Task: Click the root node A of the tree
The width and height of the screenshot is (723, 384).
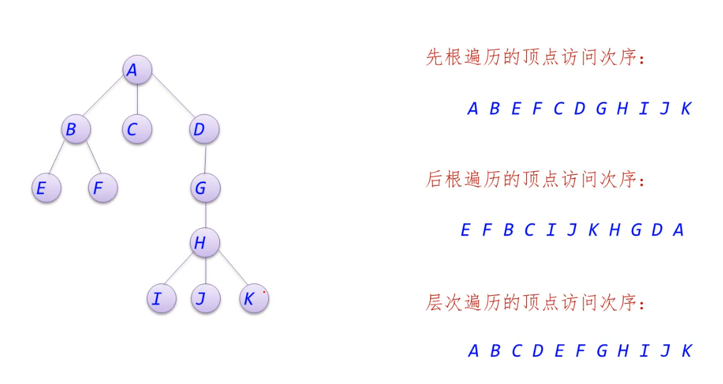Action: click(137, 71)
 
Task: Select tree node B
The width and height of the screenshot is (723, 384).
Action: click(76, 130)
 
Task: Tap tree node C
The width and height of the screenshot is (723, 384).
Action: click(136, 130)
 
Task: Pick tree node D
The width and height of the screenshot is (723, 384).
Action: click(204, 130)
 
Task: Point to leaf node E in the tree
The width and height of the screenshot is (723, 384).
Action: click(46, 188)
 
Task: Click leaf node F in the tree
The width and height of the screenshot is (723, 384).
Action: click(102, 188)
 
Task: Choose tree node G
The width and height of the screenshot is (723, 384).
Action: click(206, 188)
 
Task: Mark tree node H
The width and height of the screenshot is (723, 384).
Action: click(205, 243)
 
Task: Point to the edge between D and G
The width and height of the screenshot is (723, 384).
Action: click(205, 159)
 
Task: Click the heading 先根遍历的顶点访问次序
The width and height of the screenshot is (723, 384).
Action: click(536, 58)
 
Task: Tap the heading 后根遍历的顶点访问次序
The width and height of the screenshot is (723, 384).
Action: click(536, 180)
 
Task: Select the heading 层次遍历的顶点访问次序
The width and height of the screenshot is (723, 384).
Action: click(536, 303)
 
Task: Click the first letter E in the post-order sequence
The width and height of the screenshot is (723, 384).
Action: click(465, 230)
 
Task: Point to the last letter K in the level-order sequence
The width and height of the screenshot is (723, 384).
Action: click(687, 351)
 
